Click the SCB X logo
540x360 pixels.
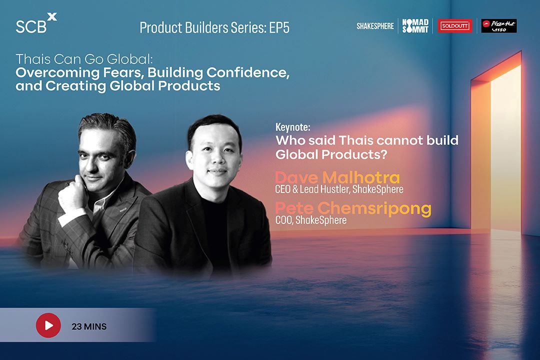[x=36, y=23]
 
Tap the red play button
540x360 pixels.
[x=48, y=325]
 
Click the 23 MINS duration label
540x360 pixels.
[x=89, y=326]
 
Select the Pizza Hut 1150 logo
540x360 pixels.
[x=499, y=26]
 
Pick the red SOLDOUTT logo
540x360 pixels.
[x=455, y=26]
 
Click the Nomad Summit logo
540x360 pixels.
[x=415, y=26]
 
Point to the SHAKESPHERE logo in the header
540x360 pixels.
[x=375, y=26]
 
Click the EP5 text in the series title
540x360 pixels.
[x=279, y=28]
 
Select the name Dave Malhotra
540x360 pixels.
[x=337, y=177]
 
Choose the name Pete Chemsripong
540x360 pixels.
[x=353, y=208]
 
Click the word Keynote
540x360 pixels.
[x=292, y=127]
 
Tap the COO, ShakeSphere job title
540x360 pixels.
[x=311, y=220]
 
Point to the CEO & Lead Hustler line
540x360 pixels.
[x=339, y=189]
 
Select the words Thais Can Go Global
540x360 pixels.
[x=84, y=59]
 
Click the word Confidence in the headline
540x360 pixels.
[x=248, y=72]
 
